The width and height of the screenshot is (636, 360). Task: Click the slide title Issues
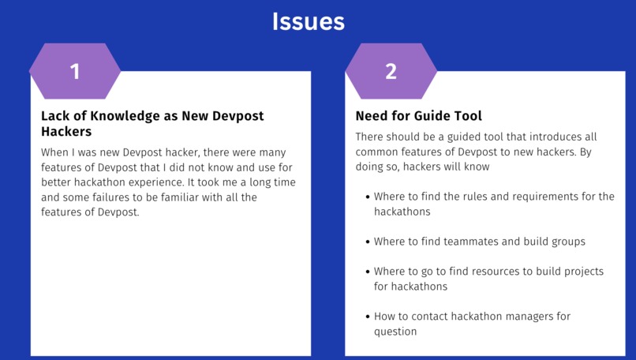[309, 21]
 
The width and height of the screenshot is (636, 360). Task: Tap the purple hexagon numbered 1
[75, 71]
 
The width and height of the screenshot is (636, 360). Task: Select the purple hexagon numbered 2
[391, 71]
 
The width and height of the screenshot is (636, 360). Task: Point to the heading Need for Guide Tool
[418, 116]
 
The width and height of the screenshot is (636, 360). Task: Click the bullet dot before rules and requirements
[367, 197]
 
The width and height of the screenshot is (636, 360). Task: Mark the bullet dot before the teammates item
[367, 242]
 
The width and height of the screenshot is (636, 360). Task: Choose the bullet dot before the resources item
[367, 272]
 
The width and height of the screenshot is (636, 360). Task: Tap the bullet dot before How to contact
[367, 317]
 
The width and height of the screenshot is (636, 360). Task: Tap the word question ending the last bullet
[395, 332]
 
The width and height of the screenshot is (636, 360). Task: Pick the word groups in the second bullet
[567, 242]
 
